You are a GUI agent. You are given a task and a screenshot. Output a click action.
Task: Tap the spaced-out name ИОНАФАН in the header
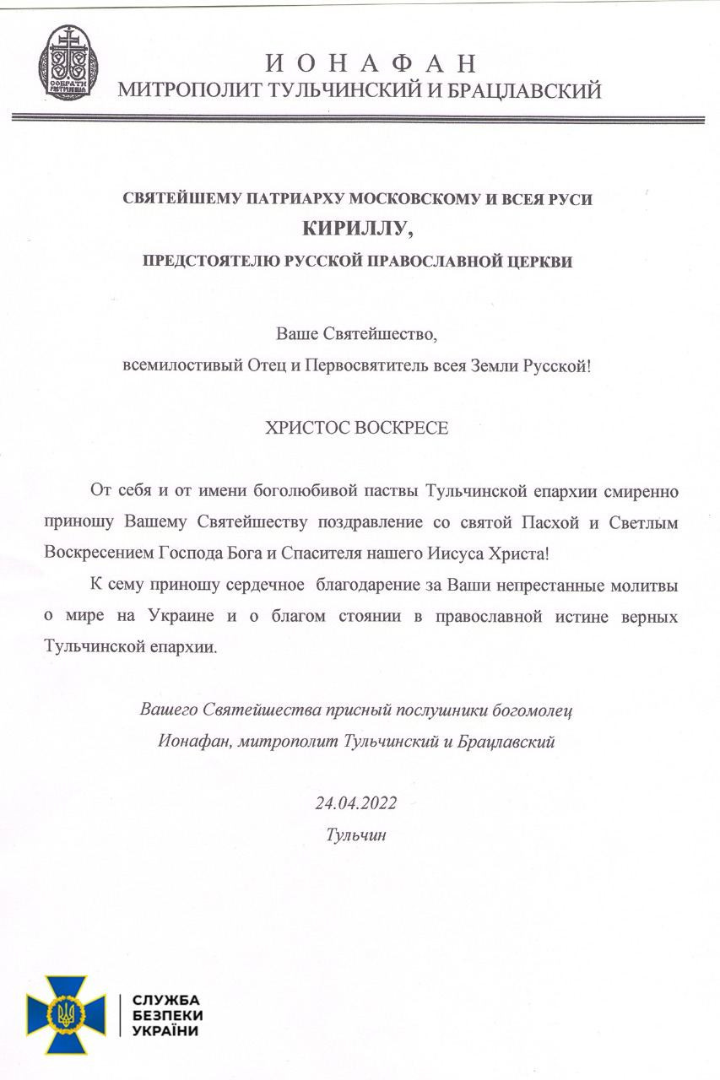[371, 63]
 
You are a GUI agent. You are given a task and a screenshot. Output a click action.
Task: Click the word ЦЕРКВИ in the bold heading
[541, 262]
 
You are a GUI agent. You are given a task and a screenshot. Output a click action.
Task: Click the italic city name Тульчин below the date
[355, 834]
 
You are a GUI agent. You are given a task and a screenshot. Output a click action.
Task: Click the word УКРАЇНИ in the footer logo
[167, 1032]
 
